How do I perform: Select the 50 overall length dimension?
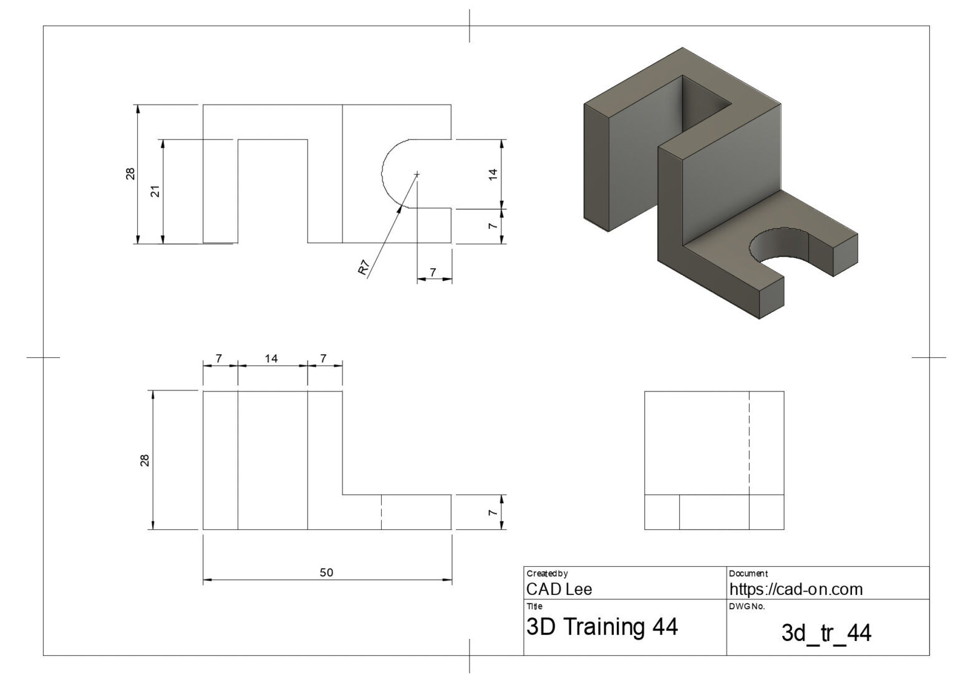(x=326, y=572)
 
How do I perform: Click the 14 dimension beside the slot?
(x=493, y=174)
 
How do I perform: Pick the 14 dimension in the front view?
(x=271, y=359)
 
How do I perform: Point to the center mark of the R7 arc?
(x=417, y=174)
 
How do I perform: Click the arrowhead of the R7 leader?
(x=400, y=208)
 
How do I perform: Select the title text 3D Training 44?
(x=602, y=627)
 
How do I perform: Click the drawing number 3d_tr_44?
(x=826, y=633)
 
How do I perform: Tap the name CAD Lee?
(x=559, y=589)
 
